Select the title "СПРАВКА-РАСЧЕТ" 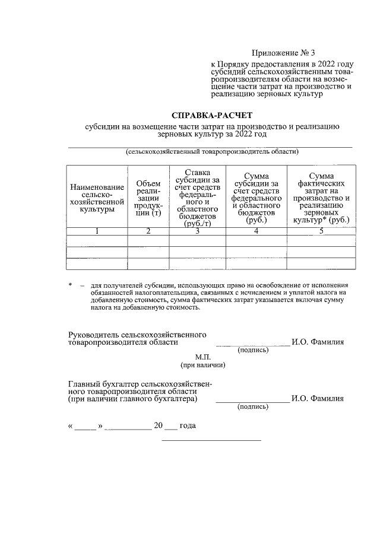click(x=211, y=115)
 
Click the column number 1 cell click(x=97, y=231)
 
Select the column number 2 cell click(x=148, y=231)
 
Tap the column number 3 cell click(x=198, y=231)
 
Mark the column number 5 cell click(x=321, y=231)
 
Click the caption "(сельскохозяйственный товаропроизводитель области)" click(x=211, y=152)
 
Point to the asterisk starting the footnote click(x=71, y=285)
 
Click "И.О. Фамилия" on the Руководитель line click(x=318, y=342)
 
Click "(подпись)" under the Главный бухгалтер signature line click(x=253, y=408)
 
